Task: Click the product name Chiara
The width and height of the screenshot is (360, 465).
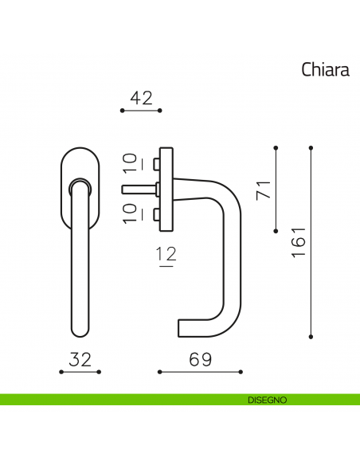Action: coord(325,70)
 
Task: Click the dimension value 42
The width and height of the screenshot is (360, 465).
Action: coord(140,98)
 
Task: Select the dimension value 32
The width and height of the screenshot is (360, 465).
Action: coord(80,359)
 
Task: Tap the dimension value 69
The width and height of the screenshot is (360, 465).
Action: coord(201,359)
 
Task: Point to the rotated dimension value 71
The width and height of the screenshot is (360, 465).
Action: coord(264,189)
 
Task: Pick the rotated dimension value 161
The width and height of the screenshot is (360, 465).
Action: coord(299,242)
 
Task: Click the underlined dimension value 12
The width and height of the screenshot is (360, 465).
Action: coord(166,256)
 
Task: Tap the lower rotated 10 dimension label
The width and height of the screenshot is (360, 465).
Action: coord(131,213)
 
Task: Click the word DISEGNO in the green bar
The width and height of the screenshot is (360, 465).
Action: coord(267,400)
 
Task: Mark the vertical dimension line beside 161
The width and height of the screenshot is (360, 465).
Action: coord(311,240)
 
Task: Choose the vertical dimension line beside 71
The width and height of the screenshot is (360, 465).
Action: coord(276,188)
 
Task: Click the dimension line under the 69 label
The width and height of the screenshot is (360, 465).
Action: coord(200,372)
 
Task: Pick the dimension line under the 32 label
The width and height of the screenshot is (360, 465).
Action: coord(80,372)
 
